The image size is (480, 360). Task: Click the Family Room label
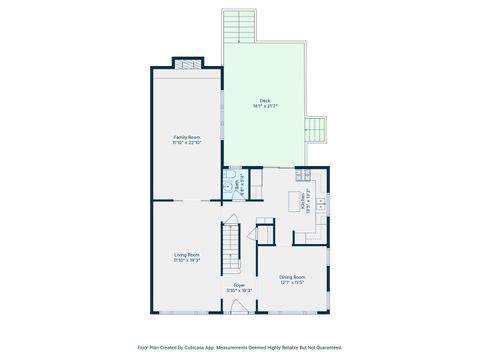187,136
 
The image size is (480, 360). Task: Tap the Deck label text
264,100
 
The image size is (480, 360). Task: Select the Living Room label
187,254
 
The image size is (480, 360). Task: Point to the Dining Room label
292,276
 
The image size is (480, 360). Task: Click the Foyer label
239,285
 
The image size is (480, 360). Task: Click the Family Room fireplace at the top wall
187,65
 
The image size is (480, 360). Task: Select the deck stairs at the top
240,26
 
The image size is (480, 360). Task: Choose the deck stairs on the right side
317,130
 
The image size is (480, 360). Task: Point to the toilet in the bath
228,186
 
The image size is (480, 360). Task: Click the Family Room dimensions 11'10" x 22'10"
187,142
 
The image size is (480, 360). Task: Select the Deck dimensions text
264,106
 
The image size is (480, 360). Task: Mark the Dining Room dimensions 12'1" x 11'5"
292,282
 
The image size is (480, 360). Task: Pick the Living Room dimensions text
187,260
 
